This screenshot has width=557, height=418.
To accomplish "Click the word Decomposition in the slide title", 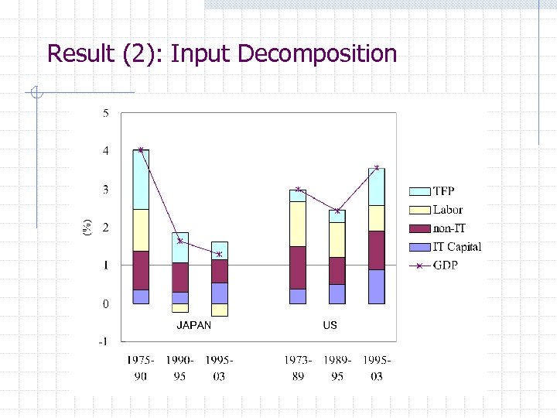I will click(318, 54).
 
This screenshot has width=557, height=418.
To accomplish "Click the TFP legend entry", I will click(443, 191).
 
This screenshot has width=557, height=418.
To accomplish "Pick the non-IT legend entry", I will click(449, 228).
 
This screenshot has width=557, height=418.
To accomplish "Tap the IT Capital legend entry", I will click(456, 247).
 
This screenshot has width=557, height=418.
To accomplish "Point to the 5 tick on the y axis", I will click(105, 113).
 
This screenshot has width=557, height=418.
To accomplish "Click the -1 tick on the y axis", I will click(104, 341).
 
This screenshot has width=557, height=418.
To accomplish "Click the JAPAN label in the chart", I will click(193, 325).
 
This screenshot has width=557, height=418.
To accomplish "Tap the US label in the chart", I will click(330, 325).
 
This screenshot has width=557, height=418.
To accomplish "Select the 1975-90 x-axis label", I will click(140, 368).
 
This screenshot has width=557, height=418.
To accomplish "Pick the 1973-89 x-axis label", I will click(298, 368).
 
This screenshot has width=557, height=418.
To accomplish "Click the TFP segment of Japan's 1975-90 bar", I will click(140, 180).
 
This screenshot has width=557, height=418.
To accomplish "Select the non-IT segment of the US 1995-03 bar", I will click(377, 250).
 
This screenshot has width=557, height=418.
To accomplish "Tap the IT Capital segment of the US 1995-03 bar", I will click(377, 286).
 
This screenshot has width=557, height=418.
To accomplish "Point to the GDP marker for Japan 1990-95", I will click(179, 241).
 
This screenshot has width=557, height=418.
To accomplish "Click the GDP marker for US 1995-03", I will click(377, 167).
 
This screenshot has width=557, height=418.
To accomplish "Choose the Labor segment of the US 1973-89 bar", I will click(298, 224).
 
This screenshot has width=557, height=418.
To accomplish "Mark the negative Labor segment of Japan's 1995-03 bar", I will click(220, 310).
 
